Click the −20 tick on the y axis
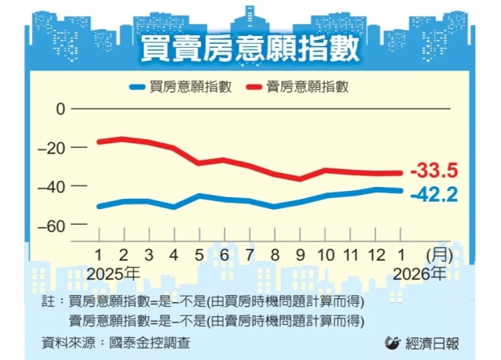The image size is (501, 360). click(x=54, y=147)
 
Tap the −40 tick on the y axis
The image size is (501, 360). click(x=54, y=186)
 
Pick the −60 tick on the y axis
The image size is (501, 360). click(x=54, y=225)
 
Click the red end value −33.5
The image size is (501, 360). click(x=434, y=171)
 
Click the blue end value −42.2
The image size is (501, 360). click(x=434, y=194)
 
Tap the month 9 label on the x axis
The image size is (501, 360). click(x=300, y=254)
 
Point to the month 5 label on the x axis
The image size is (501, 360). click(x=199, y=254)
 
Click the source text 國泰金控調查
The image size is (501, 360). click(x=150, y=342)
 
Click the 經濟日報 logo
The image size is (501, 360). click(x=423, y=342)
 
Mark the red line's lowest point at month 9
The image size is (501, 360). click(x=300, y=178)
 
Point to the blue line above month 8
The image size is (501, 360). click(x=275, y=207)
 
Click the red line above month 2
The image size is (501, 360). click(x=124, y=139)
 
